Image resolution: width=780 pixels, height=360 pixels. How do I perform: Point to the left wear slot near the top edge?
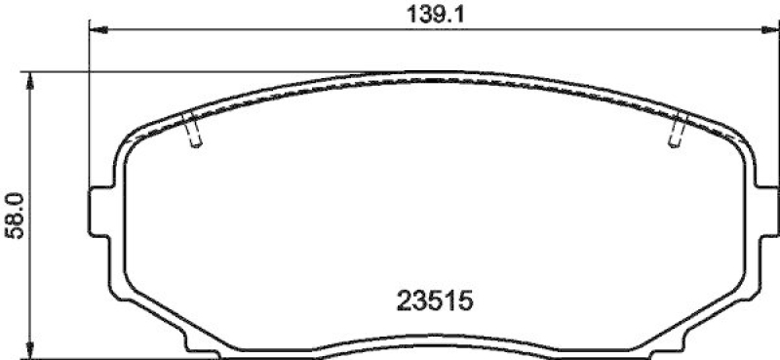tap(192, 131)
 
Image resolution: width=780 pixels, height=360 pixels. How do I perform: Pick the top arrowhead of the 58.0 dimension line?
tap(33, 79)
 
